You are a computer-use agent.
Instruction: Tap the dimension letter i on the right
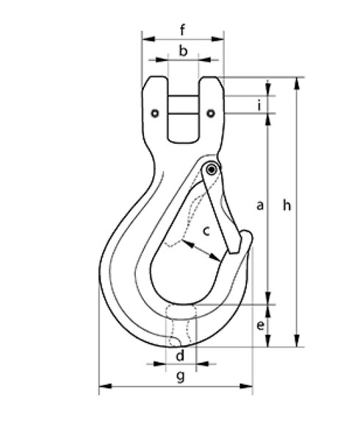260,106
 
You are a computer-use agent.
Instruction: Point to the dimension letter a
259,206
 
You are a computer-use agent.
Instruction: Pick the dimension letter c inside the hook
206,231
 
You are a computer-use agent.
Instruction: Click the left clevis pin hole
156,113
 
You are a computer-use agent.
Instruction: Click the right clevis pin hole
211,113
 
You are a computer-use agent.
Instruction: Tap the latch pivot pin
212,170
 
